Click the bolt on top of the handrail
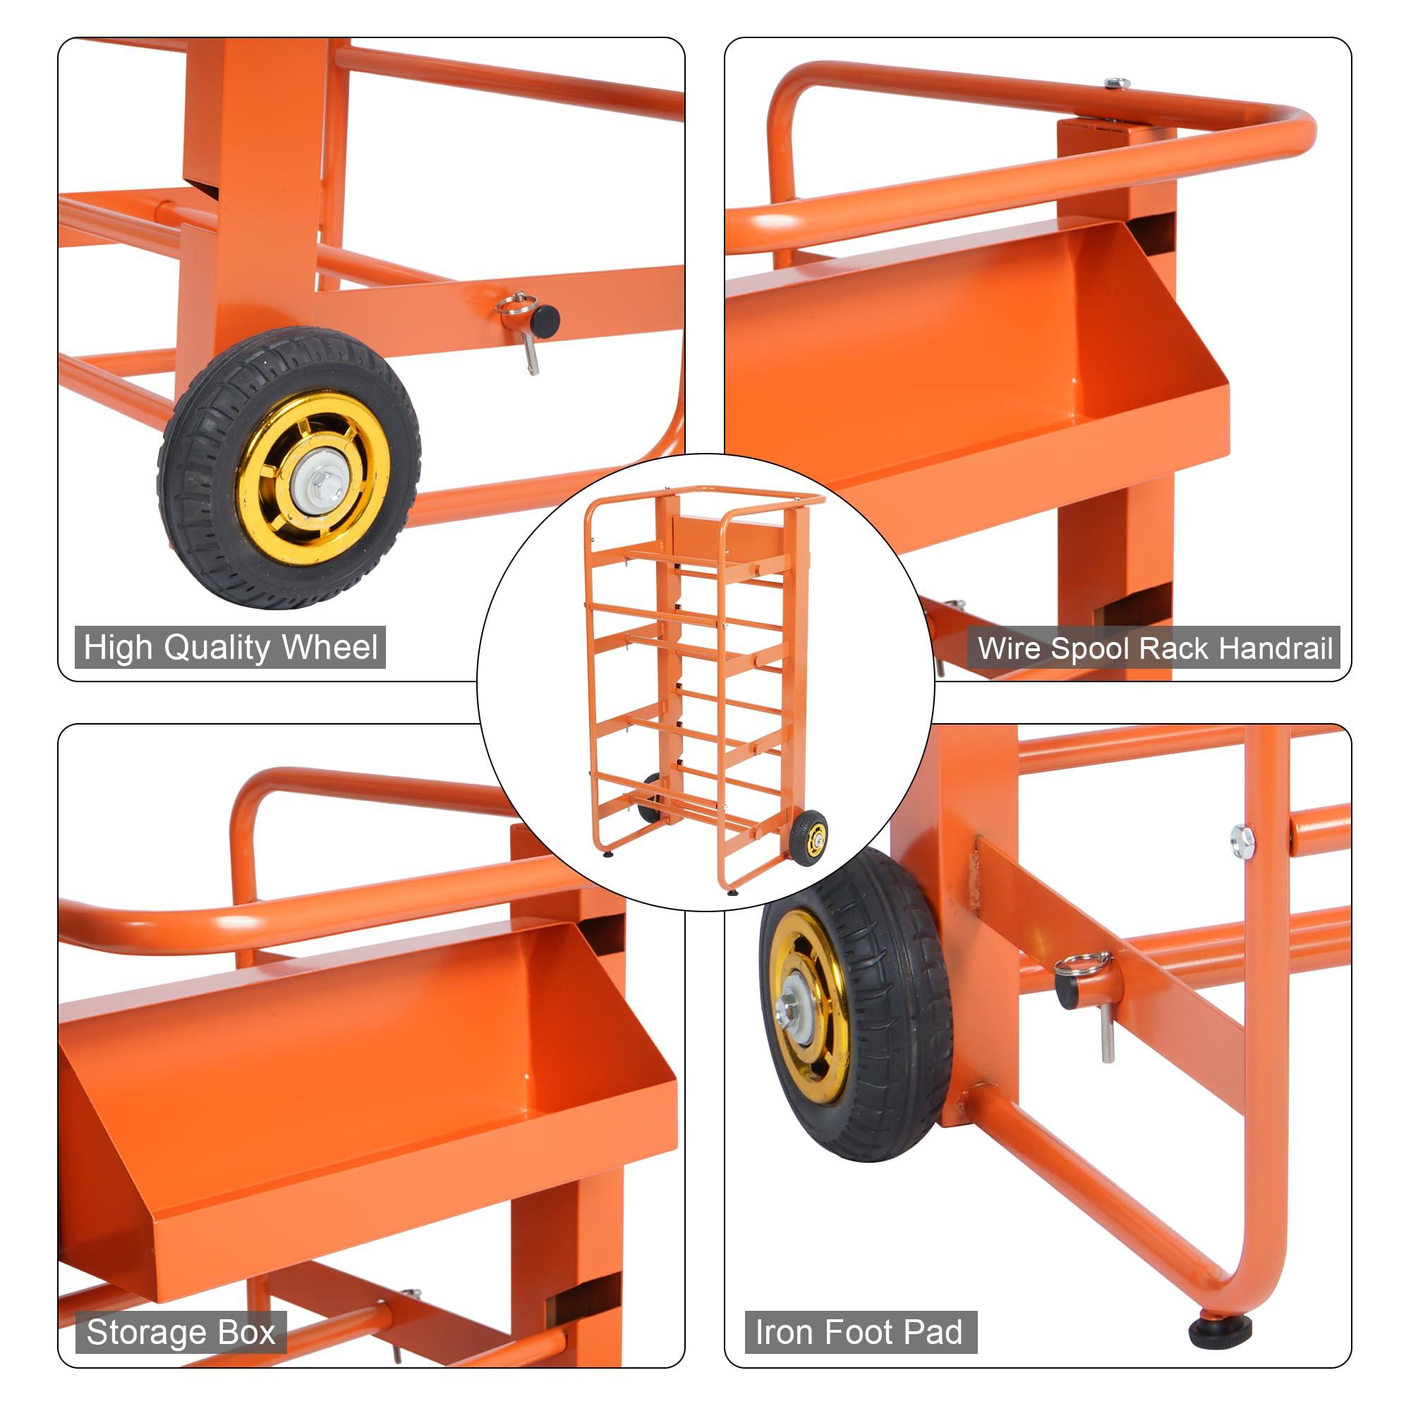point(1113,83)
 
